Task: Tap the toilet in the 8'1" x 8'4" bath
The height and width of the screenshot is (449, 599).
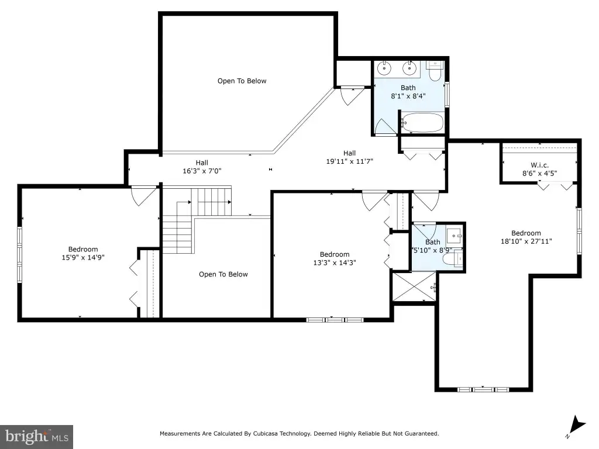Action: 435,71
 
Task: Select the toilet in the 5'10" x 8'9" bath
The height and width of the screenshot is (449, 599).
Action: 453,259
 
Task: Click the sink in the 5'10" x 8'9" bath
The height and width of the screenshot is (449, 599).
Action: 455,236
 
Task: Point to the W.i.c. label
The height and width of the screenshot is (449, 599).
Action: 539,165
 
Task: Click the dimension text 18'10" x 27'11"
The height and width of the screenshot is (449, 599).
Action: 526,241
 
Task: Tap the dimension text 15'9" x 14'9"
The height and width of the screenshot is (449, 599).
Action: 83,257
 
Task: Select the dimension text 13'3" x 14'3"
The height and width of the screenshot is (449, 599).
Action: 335,263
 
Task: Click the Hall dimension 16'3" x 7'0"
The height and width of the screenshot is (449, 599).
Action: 202,171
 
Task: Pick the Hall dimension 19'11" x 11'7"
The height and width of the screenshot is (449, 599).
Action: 350,161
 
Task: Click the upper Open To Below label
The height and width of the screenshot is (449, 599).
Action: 242,81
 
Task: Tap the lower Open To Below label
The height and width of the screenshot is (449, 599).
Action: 223,274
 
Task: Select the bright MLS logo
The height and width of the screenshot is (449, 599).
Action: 36,437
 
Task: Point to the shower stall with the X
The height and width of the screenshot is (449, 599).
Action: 414,286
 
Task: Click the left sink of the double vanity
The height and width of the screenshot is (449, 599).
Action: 384,68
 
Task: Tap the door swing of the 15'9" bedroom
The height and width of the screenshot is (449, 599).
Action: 143,196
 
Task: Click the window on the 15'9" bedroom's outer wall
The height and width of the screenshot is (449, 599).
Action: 19,255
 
